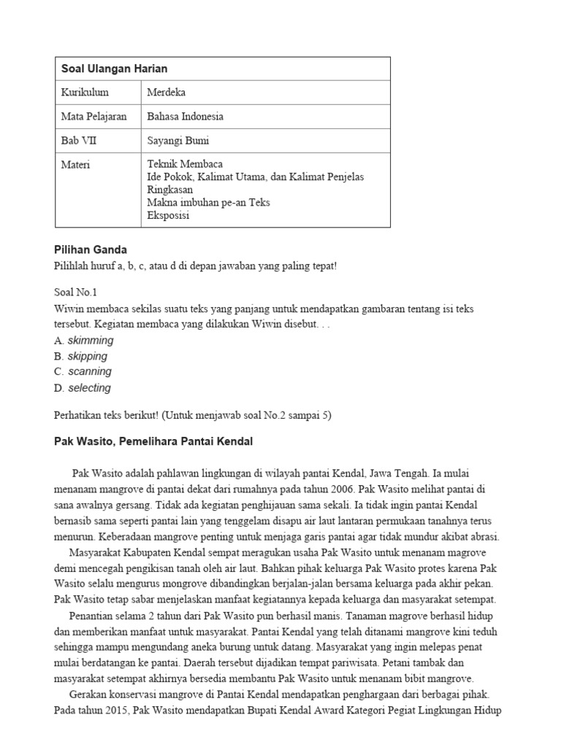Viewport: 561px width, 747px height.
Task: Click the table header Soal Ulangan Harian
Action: click(114, 69)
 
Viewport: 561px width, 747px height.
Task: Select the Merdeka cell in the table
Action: click(167, 93)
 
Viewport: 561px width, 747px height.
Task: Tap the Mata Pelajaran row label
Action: click(93, 117)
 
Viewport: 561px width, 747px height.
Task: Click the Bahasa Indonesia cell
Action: click(186, 117)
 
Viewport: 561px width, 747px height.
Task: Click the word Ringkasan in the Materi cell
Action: click(171, 190)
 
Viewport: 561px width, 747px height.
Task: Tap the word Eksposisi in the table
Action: click(169, 215)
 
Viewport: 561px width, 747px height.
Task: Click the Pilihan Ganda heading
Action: click(91, 250)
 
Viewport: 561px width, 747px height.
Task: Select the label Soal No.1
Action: click(76, 292)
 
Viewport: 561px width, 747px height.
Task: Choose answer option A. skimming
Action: click(84, 341)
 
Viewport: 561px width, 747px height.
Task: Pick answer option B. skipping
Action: click(81, 356)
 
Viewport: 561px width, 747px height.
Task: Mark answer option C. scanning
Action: click(83, 371)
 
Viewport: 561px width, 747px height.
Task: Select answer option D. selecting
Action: click(83, 388)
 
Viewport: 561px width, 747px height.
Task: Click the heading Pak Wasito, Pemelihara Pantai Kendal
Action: click(153, 441)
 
